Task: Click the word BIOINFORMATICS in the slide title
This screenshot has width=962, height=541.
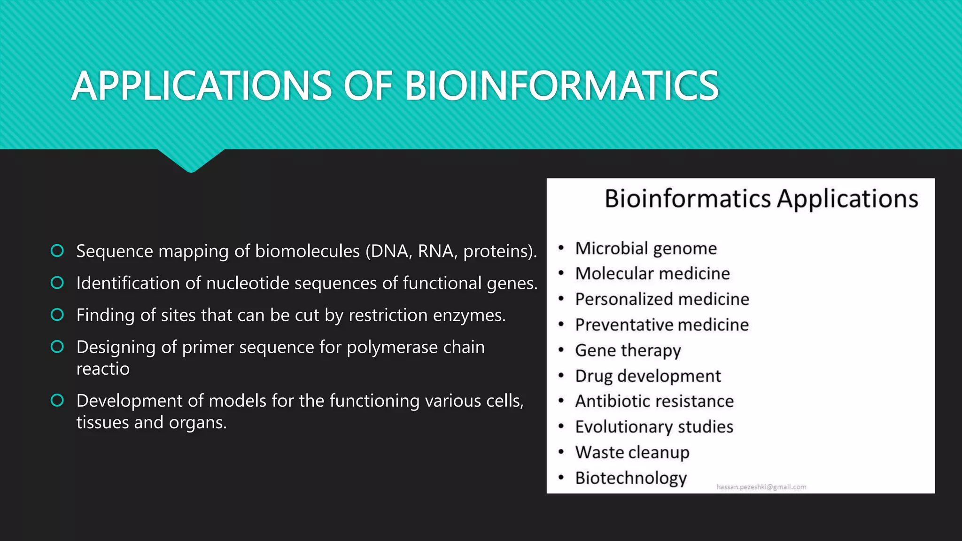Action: (x=561, y=86)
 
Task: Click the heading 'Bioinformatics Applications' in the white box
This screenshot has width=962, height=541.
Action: (x=761, y=198)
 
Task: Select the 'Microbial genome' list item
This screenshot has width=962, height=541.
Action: (x=646, y=248)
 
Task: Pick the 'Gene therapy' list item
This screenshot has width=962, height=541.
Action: (x=628, y=350)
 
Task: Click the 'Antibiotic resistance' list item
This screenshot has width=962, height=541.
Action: (x=654, y=402)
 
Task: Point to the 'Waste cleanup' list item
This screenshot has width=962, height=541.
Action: (x=632, y=452)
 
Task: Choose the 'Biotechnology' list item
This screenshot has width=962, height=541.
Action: (x=631, y=478)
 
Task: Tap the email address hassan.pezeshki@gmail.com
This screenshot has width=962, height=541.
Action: (x=761, y=487)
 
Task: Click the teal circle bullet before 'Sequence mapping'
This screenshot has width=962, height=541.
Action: (x=57, y=251)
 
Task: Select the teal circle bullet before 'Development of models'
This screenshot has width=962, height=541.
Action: (x=57, y=401)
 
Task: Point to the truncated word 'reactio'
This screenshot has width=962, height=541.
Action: (x=103, y=369)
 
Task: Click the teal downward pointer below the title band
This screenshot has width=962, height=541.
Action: (x=191, y=161)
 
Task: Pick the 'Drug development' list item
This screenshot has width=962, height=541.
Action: (x=648, y=376)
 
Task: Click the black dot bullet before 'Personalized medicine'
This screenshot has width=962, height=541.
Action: (x=561, y=299)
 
